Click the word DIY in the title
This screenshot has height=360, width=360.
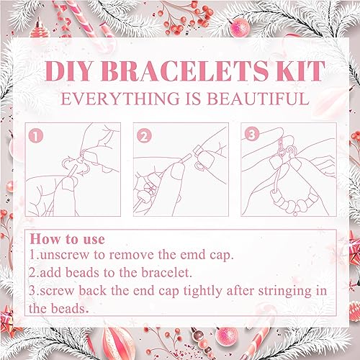coord(68,71)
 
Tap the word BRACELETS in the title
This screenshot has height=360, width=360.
coord(184,71)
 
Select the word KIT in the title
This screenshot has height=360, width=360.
coord(301,71)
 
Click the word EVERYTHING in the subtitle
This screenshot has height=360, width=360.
coord(120,99)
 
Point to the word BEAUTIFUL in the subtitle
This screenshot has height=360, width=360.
coord(258,99)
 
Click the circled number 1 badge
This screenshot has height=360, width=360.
coord(36,136)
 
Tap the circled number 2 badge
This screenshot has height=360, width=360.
coord(144,136)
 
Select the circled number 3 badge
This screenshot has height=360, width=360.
coord(252,135)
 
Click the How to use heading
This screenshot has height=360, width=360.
coord(68,239)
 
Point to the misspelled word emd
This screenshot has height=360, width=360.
coord(193,255)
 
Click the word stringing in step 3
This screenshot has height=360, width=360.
coord(284,292)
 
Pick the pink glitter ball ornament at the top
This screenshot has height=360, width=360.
coord(240,27)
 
